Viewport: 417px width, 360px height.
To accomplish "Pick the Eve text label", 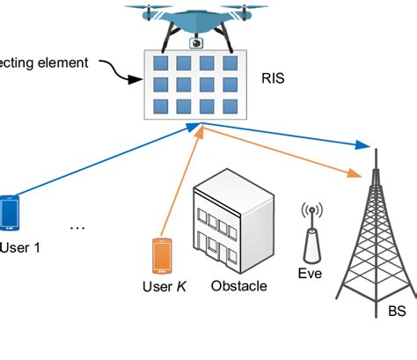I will point(310,274).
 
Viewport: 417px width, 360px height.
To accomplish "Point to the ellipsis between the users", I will point(77,228).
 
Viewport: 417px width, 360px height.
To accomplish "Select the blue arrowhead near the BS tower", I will point(361,145).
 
